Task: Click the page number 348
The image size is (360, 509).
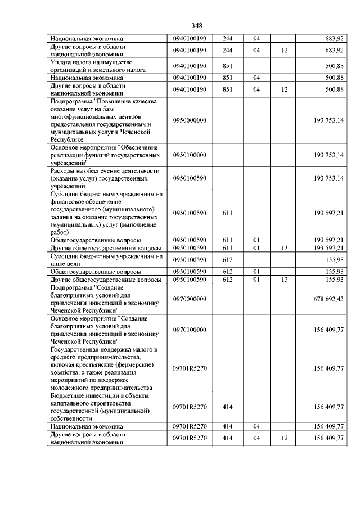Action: (196, 25)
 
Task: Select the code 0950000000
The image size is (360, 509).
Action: (190, 120)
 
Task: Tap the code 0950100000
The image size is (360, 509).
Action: (190, 155)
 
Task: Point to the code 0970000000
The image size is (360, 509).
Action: (190, 299)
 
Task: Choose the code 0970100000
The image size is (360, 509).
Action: (190, 330)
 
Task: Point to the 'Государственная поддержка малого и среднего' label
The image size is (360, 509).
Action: (104, 368)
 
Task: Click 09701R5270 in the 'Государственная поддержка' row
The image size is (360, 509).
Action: (190, 368)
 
